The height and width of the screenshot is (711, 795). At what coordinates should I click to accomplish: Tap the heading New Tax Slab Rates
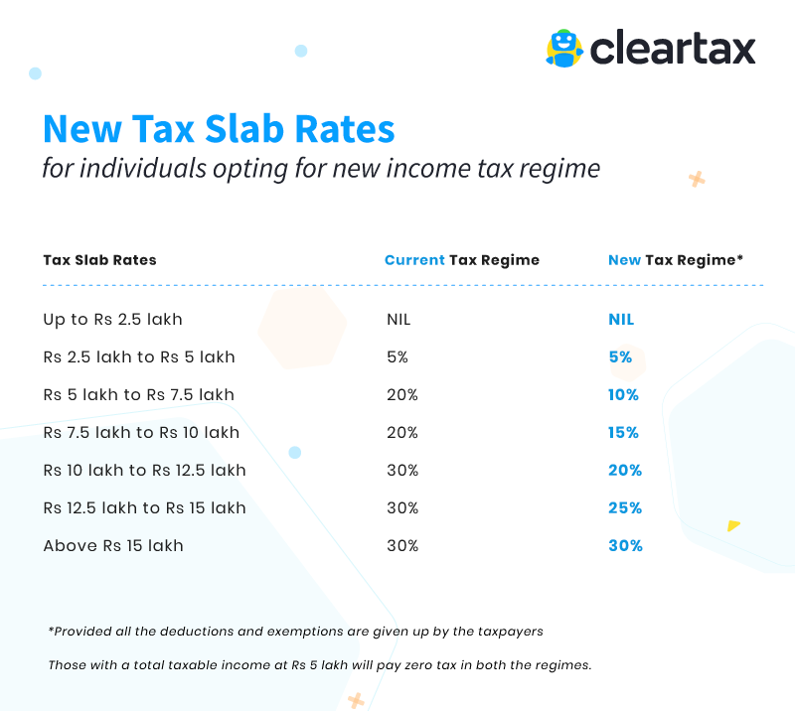coord(219,129)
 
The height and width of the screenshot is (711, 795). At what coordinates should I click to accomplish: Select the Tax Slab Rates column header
coord(99,260)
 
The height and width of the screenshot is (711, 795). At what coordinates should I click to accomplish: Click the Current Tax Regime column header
coord(462,260)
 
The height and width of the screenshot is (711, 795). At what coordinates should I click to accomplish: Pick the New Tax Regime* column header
coord(676,260)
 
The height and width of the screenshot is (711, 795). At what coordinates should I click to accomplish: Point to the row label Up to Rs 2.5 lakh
coord(112,320)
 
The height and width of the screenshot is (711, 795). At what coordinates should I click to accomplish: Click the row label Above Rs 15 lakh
coord(113,545)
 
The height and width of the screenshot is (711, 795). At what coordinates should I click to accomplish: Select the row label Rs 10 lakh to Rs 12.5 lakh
coord(144,470)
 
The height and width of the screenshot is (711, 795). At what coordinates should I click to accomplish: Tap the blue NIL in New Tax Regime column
coord(621,320)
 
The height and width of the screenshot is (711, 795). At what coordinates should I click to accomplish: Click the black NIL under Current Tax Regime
coord(398,320)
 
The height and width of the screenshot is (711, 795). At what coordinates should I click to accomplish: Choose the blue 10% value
coord(623,395)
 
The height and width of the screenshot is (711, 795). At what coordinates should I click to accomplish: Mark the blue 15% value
coord(623,433)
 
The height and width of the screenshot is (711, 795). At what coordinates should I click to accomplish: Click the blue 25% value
coord(625,507)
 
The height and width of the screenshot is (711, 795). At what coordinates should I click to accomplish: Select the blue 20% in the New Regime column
coord(625,470)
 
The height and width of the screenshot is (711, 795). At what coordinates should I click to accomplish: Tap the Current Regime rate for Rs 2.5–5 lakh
coord(397,357)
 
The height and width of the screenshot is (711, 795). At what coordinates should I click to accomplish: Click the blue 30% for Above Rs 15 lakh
coord(625,545)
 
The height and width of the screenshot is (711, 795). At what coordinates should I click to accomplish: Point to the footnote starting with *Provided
coord(295,632)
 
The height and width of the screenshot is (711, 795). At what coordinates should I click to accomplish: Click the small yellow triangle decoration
coord(733,525)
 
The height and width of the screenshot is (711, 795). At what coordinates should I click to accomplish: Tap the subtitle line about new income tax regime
coord(321,168)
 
